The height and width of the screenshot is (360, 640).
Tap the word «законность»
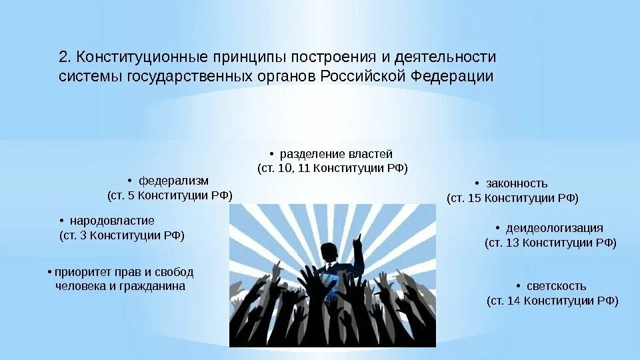click(x=517, y=183)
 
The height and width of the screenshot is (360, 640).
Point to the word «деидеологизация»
click(x=554, y=228)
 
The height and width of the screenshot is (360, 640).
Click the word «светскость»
click(x=556, y=286)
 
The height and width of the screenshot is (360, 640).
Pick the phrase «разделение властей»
click(x=336, y=154)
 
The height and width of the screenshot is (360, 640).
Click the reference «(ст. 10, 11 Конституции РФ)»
click(x=333, y=169)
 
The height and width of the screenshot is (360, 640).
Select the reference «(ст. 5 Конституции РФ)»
click(x=170, y=195)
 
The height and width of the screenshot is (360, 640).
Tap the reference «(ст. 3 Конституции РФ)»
click(x=122, y=235)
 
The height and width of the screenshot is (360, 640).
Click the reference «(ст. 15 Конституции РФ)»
click(x=513, y=198)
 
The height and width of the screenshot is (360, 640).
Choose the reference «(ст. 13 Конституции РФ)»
click(x=551, y=243)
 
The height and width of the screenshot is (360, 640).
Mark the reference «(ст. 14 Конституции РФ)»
click(x=553, y=301)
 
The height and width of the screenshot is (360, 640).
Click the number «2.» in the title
click(x=65, y=58)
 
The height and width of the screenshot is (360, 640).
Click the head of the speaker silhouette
click(x=327, y=252)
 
